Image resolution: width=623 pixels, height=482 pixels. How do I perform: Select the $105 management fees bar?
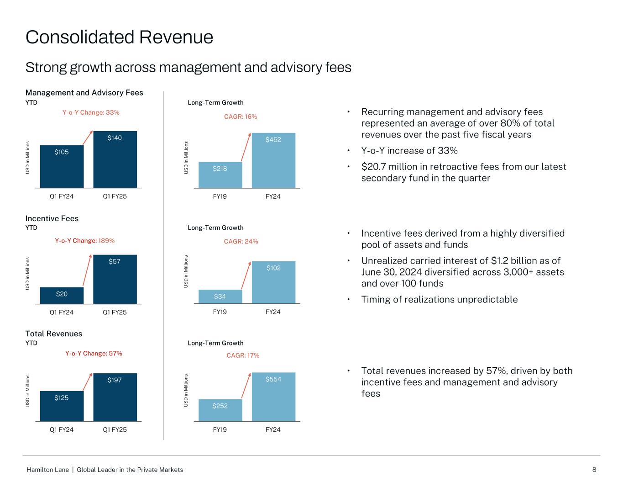(x=62, y=166)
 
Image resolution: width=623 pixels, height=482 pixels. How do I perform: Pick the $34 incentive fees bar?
(x=220, y=297)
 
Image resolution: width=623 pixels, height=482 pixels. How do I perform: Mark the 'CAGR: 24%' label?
(x=241, y=241)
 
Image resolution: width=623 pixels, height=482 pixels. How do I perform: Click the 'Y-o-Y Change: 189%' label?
(x=84, y=240)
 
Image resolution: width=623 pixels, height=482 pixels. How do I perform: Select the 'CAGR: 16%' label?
(x=241, y=117)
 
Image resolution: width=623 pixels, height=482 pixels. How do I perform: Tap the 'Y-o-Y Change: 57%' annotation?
(x=94, y=353)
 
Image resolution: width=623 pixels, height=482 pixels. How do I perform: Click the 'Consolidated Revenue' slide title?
(x=119, y=37)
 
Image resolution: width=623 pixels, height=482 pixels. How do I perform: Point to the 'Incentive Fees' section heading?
(x=52, y=218)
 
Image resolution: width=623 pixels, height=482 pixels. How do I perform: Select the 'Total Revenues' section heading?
(x=54, y=334)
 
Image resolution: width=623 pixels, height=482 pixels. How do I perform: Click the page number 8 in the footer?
(x=594, y=470)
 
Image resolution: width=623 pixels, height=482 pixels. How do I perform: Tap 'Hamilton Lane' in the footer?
(x=48, y=470)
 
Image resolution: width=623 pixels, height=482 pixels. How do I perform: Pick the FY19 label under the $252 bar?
(x=220, y=429)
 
